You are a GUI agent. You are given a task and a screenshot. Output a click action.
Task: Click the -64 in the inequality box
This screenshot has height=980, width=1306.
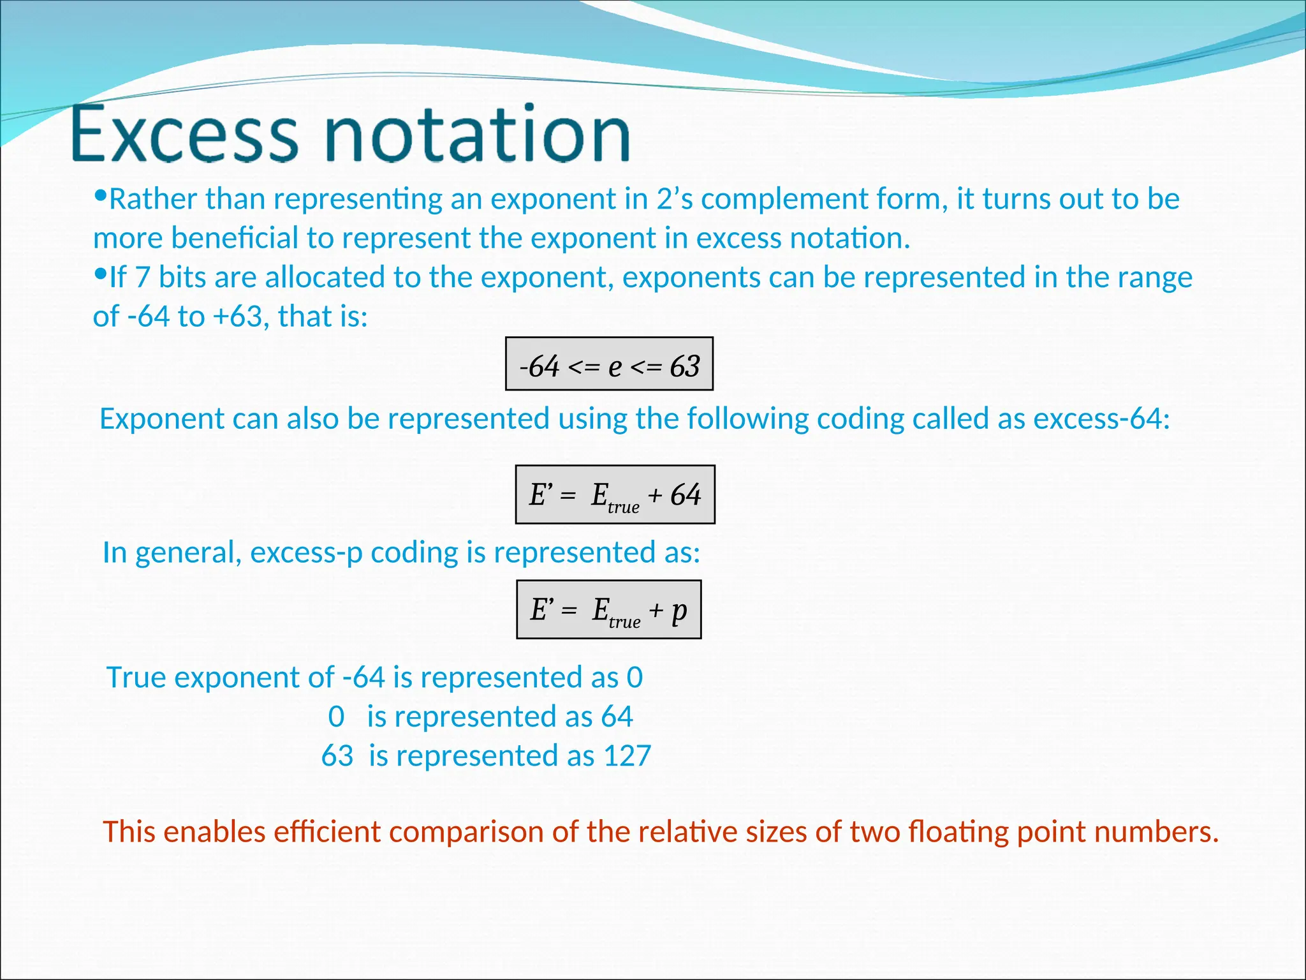coord(539,366)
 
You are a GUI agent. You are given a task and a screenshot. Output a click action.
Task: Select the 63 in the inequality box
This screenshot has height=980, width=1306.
coord(685,366)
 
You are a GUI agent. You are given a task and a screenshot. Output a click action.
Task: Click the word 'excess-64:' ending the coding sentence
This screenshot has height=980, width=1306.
coord(1101,419)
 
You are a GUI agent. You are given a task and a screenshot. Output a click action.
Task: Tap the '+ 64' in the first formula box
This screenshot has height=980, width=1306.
coord(675,494)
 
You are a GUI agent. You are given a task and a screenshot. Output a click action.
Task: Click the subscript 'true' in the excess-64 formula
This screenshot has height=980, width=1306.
coord(623,507)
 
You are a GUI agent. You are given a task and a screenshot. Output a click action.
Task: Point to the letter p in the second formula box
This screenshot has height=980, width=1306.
coord(679,611)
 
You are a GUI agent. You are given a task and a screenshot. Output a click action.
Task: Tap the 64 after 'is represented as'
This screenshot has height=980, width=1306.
coord(617,716)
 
